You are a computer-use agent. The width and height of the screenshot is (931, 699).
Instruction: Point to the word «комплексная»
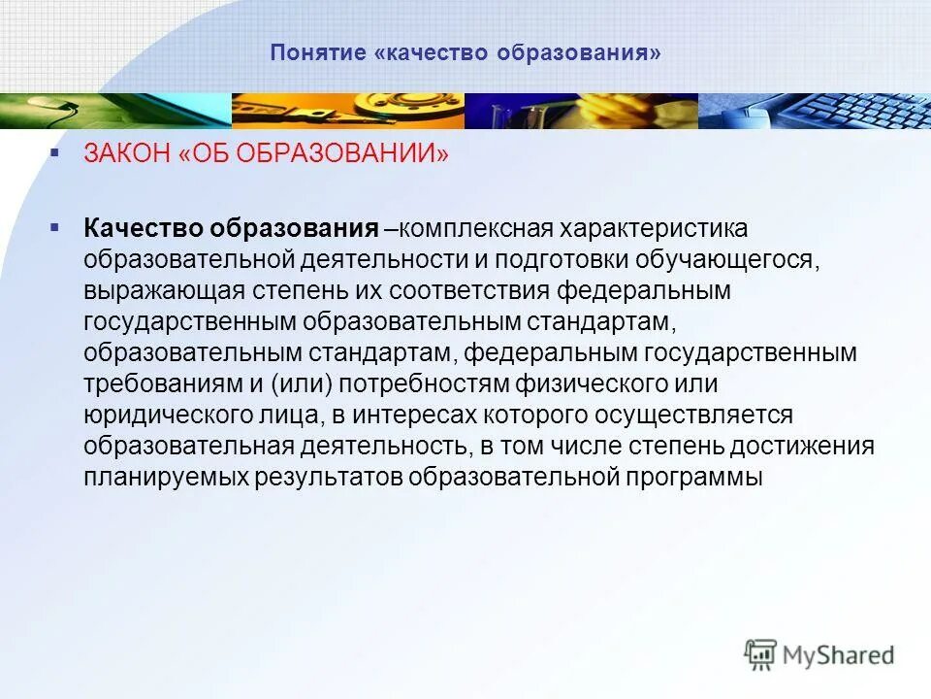click(x=474, y=228)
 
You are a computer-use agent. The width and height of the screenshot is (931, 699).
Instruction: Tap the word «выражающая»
click(x=162, y=290)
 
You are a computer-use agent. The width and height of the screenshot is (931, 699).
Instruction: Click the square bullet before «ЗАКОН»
click(x=55, y=152)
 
